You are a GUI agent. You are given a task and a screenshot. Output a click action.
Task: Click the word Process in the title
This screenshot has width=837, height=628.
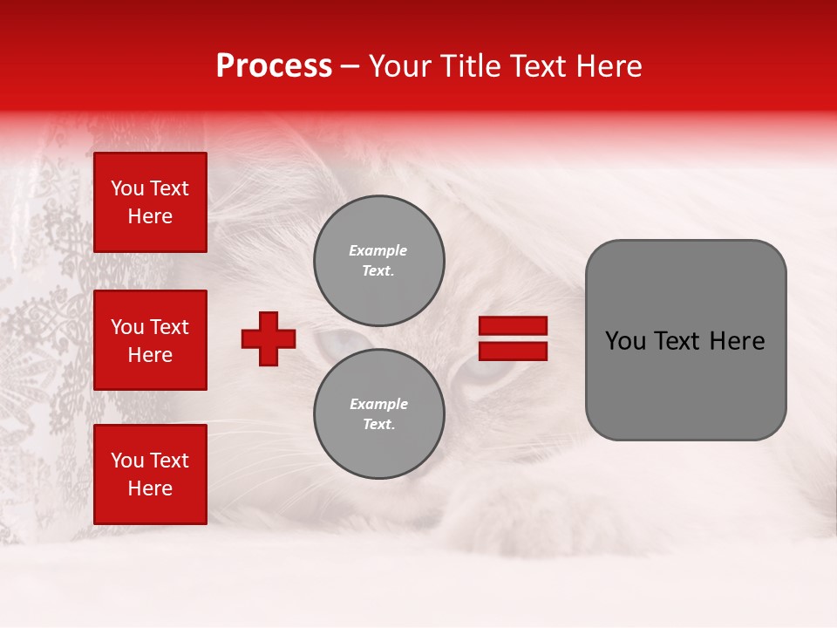point(274,66)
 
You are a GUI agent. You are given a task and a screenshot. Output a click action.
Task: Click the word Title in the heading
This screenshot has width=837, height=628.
point(468,66)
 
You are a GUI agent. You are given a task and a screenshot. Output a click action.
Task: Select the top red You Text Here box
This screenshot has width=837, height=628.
point(150,202)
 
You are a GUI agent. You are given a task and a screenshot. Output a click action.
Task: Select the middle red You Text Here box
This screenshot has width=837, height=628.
point(150,340)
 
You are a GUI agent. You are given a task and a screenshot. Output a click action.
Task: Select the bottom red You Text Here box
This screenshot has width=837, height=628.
point(150,474)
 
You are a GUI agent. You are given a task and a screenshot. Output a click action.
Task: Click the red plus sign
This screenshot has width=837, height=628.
point(269,338)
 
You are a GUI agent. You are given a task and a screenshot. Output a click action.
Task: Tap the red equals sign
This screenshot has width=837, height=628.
point(513,338)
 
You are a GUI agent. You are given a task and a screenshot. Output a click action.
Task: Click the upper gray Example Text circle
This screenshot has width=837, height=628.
point(378,260)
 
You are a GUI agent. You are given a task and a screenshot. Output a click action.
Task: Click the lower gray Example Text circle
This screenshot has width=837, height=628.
point(378,413)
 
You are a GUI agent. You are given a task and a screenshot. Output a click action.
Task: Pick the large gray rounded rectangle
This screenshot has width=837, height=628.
point(685,340)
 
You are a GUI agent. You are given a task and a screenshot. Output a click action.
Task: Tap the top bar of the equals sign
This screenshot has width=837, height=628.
point(513,326)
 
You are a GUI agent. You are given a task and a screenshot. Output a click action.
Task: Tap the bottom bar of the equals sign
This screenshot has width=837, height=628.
point(513,351)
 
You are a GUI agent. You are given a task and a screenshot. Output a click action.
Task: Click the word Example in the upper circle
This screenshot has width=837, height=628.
point(378,250)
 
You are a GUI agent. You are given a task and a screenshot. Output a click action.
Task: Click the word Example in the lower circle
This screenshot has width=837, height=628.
point(378,404)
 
